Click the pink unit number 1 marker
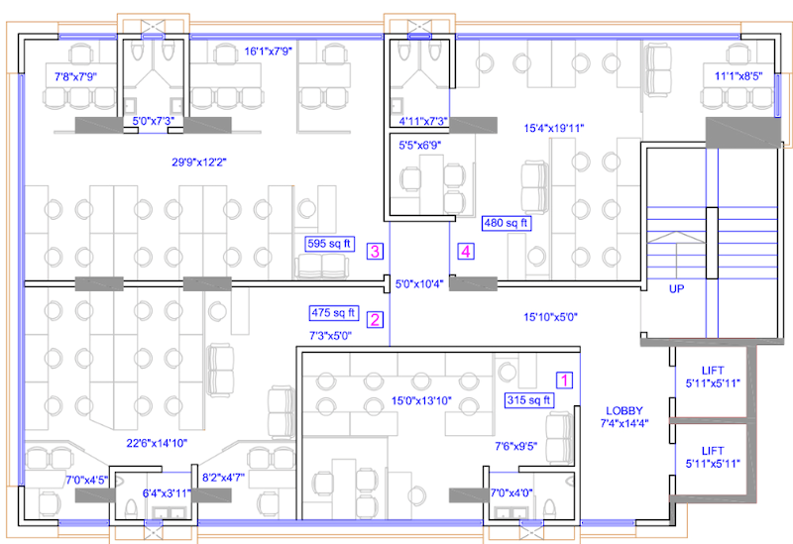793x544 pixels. tap(564, 379)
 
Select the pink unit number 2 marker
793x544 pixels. tap(375, 319)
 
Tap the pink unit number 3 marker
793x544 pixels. tap(375, 251)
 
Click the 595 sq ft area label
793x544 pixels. tap(328, 242)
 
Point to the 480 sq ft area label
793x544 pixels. tap(506, 223)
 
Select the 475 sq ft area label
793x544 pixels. tap(334, 312)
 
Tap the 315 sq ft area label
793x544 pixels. tap(528, 400)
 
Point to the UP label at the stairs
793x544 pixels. tap(676, 289)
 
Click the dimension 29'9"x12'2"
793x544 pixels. tap(199, 161)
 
